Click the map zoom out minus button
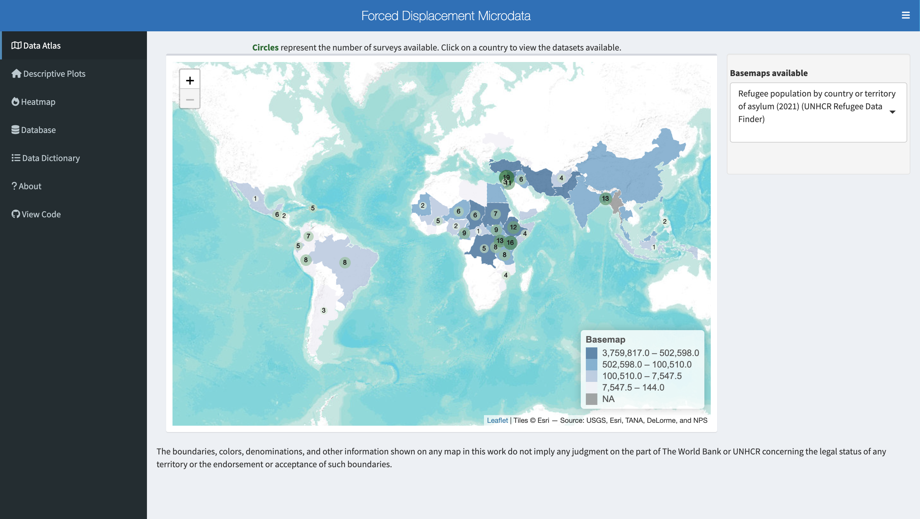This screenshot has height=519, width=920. (x=190, y=100)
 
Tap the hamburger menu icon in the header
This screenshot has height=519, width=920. (x=905, y=15)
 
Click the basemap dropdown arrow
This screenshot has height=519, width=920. (x=892, y=112)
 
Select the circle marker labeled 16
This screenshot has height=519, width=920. (x=510, y=243)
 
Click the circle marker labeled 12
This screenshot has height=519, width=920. (x=513, y=227)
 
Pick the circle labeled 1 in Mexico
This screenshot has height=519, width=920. (x=255, y=198)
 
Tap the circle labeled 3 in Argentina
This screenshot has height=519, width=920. (x=324, y=310)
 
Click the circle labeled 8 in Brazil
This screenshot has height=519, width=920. (x=345, y=263)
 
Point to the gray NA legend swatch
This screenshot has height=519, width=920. (x=591, y=399)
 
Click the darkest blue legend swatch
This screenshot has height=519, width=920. (x=591, y=353)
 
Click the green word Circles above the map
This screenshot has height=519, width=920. (x=265, y=48)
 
